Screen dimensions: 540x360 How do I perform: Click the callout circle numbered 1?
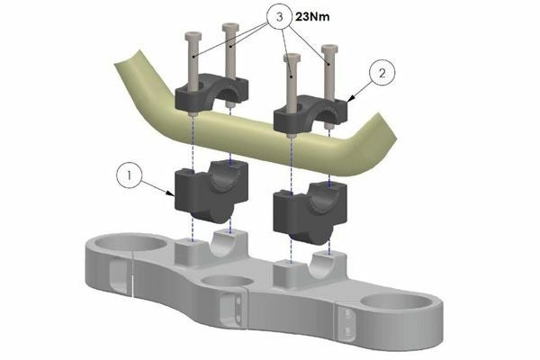coord(130,175)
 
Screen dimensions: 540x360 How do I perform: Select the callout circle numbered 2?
coord(382,73)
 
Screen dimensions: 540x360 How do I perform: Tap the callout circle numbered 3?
coord(280,16)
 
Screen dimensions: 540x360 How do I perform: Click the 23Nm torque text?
coord(312,16)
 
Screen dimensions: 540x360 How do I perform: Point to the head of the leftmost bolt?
coord(193,35)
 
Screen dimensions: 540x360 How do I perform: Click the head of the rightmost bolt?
coord(330,49)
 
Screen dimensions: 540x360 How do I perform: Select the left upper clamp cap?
coord(211,92)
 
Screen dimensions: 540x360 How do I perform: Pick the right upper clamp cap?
coord(310,111)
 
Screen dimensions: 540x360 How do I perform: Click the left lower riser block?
coord(211,192)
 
